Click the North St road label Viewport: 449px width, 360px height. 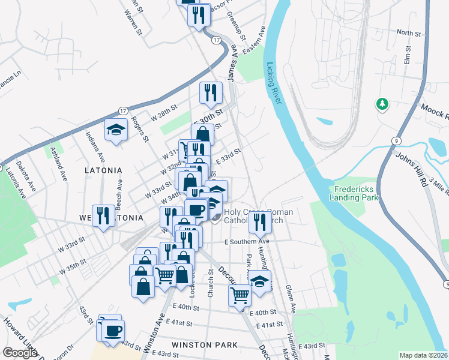(x=409, y=33)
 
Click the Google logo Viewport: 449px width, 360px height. (x=20, y=353)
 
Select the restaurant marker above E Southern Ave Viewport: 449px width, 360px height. (x=261, y=222)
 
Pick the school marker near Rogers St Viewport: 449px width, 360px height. (x=116, y=131)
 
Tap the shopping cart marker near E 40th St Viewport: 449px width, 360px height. (x=240, y=295)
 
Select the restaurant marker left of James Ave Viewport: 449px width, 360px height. (x=210, y=92)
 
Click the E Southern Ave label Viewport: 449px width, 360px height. (x=249, y=242)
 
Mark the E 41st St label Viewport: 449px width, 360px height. (x=269, y=325)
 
